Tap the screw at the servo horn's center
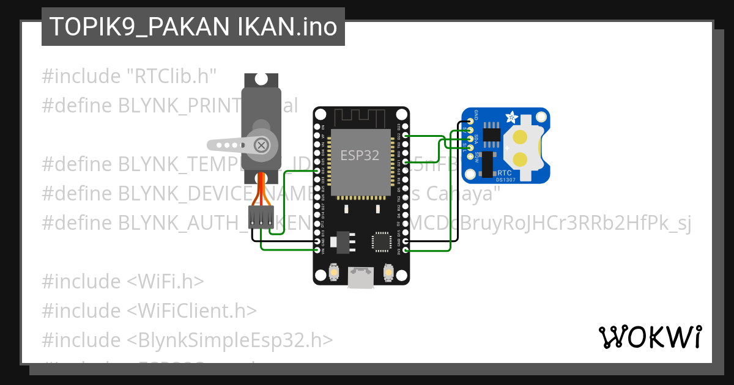click(x=261, y=145)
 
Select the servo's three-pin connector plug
click(x=261, y=218)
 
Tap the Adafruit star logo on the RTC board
click(x=512, y=116)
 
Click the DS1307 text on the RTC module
click(x=506, y=180)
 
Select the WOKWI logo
click(x=650, y=337)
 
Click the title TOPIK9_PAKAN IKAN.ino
click(x=193, y=27)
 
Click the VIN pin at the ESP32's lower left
click(x=317, y=250)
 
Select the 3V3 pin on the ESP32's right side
click(x=406, y=250)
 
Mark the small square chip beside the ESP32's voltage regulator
click(x=382, y=242)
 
